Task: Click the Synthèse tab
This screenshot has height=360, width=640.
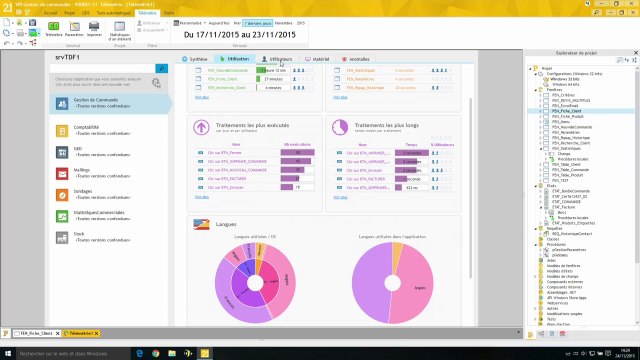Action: [198, 60]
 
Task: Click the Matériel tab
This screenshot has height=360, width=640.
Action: [319, 60]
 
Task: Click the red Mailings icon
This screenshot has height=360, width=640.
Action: [62, 172]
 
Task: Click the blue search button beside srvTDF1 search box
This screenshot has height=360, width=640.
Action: [161, 68]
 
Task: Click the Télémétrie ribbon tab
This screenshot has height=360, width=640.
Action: [147, 12]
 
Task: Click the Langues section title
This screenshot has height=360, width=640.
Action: [226, 223]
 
